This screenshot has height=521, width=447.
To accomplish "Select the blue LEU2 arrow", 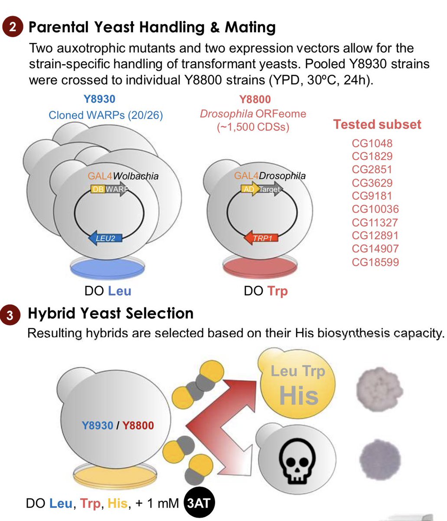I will pyautogui.click(x=105, y=238).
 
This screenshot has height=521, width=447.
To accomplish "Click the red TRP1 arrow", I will pyautogui.click(x=261, y=238).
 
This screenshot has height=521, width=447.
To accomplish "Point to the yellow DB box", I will pyautogui.click(x=97, y=189).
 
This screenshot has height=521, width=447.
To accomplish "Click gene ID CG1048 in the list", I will pyautogui.click(x=372, y=143).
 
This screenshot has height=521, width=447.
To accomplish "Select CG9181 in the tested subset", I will pyautogui.click(x=372, y=196).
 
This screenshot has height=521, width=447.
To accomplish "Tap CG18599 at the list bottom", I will pyautogui.click(x=375, y=262).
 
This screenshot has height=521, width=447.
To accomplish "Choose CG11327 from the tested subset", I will pyautogui.click(x=375, y=223).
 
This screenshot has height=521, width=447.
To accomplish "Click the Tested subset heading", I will pyautogui.click(x=377, y=125).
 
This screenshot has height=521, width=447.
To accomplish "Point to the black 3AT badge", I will pyautogui.click(x=199, y=504).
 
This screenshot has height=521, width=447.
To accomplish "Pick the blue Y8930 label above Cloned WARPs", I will pyautogui.click(x=100, y=99).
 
